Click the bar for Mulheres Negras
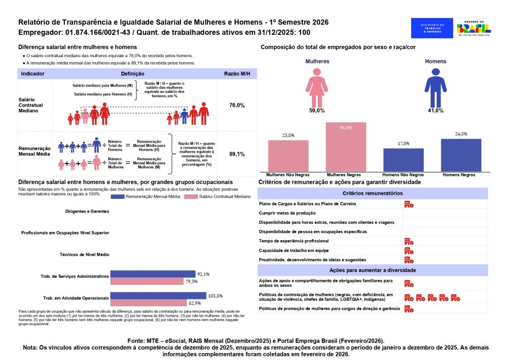(345, 147)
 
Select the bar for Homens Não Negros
(403, 160)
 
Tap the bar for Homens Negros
(461, 155)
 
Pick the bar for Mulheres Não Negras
(288, 156)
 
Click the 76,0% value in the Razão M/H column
(237, 105)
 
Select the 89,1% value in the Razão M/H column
(237, 154)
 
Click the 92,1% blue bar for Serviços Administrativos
(152, 274)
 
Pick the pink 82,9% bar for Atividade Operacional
(148, 303)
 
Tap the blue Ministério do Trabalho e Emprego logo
(432, 28)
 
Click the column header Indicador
(33, 74)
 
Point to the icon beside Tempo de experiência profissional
(409, 241)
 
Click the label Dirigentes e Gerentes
(87, 211)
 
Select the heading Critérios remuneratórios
(372, 193)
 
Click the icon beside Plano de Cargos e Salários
(409, 204)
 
